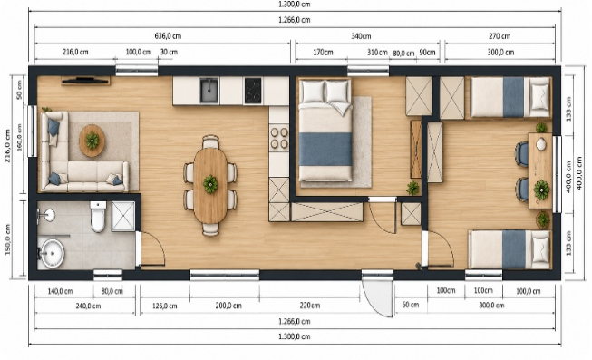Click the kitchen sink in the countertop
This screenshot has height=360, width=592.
pyautogui.click(x=209, y=91)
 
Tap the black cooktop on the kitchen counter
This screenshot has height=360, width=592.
pyautogui.click(x=253, y=91)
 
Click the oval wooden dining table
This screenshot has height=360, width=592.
pyautogui.click(x=210, y=185)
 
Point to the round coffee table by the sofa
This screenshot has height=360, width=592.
pyautogui.click(x=92, y=141)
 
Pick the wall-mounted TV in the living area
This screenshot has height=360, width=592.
pyautogui.click(x=86, y=80)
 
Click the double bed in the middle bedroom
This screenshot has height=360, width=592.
pyautogui.click(x=325, y=131)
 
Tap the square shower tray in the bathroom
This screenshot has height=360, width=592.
pyautogui.click(x=122, y=216)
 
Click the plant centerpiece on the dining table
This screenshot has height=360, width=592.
pyautogui.click(x=210, y=184)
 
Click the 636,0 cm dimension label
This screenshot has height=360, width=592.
pyautogui.click(x=168, y=36)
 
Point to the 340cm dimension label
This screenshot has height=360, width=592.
pyautogui.click(x=361, y=36)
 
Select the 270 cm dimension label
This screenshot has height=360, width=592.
pyautogui.click(x=500, y=36)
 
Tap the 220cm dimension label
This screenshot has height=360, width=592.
pyautogui.click(x=309, y=306)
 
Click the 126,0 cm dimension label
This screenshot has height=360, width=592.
pyautogui.click(x=165, y=306)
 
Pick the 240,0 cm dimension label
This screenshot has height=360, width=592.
pyautogui.click(x=88, y=306)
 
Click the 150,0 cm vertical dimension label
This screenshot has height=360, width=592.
pyautogui.click(x=8, y=239)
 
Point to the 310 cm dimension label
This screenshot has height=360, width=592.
pyautogui.click(x=377, y=52)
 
